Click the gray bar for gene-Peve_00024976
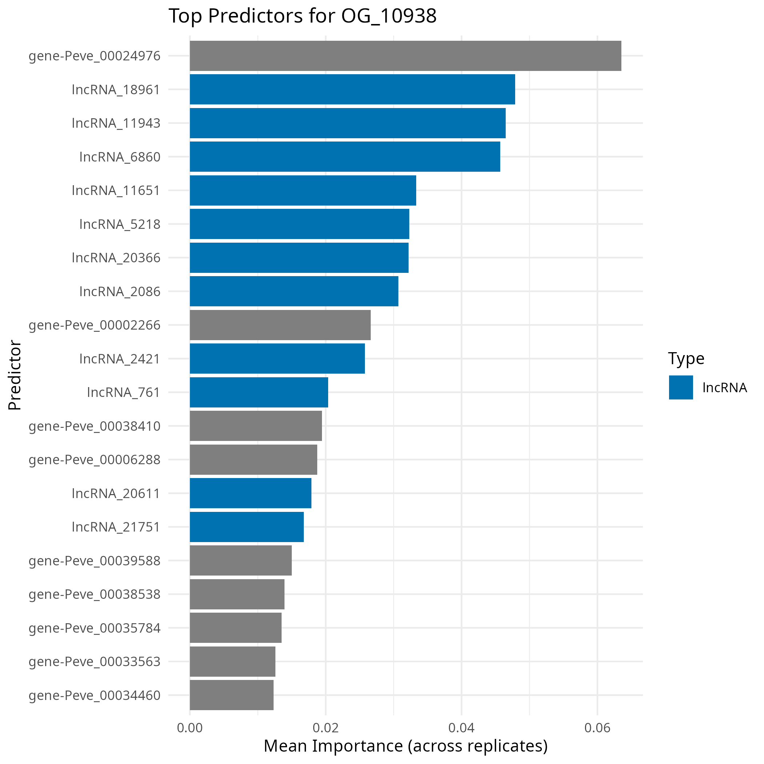pos(405,56)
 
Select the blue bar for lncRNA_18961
pos(352,89)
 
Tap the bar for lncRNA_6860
pos(345,156)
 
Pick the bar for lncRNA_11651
pos(303,190)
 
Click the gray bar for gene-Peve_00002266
pos(280,325)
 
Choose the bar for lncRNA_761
pos(259,392)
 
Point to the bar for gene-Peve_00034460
pos(231,695)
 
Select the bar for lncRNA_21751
pos(247,527)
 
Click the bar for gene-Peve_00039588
pos(240,560)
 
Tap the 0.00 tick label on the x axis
pos(190,728)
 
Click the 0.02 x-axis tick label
pos(326,728)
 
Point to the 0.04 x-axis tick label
pos(461,728)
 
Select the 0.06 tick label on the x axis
pos(597,728)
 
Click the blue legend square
pos(681,387)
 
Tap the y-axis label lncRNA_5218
pos(120,224)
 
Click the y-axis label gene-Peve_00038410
pos(95,426)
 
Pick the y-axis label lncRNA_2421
pos(120,359)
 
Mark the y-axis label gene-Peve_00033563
pos(95,661)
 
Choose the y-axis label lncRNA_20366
pos(116,258)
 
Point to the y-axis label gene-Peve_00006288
pos(95,460)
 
